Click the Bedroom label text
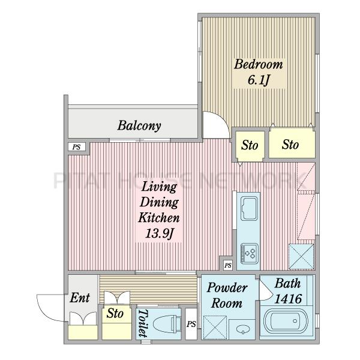(258, 64)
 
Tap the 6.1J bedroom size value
(258, 80)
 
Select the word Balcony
(139, 126)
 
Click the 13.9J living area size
(159, 233)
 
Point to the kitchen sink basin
(248, 208)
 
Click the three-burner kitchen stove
(250, 253)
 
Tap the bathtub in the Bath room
(286, 321)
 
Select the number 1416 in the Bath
(289, 299)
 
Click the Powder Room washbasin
(242, 329)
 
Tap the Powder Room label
(227, 295)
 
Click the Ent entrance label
(80, 298)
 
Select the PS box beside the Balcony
(77, 147)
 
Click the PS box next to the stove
(228, 265)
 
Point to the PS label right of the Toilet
(191, 324)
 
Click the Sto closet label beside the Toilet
(115, 313)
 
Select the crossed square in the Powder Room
(215, 328)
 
